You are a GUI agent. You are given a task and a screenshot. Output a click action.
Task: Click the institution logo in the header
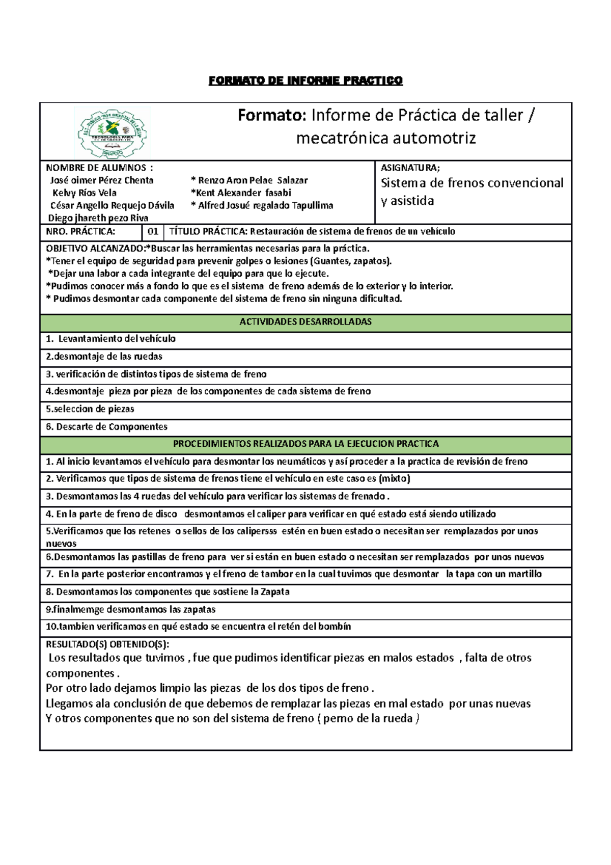pyautogui.click(x=112, y=132)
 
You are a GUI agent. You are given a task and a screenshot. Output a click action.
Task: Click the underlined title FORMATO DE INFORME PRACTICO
pyautogui.click(x=305, y=80)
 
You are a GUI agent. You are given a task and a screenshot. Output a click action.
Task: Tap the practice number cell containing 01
pyautogui.click(x=153, y=232)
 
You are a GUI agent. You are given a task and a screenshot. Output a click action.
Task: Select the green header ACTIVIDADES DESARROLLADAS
pyautogui.click(x=305, y=322)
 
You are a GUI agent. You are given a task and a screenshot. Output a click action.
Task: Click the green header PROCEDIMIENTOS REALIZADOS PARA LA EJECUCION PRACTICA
pyautogui.click(x=305, y=444)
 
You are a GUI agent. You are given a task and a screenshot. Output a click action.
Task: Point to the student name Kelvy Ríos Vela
pyautogui.click(x=85, y=193)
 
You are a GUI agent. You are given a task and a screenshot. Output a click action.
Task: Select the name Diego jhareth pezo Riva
pyautogui.click(x=98, y=218)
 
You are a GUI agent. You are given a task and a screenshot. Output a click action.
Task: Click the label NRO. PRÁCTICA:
pyautogui.click(x=80, y=232)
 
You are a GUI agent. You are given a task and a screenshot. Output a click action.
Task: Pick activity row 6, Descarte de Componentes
pyautogui.click(x=106, y=427)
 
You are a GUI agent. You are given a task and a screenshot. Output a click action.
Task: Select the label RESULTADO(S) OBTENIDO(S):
pyautogui.click(x=107, y=644)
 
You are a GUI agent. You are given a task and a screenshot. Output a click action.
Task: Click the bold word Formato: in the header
pyautogui.click(x=272, y=116)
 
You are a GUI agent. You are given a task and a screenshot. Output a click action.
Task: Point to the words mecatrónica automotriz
pyautogui.click(x=386, y=138)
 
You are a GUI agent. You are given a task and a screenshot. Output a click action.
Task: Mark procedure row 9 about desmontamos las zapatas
pyautogui.click(x=131, y=610)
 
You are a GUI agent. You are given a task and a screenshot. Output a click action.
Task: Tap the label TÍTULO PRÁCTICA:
pyautogui.click(x=208, y=232)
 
